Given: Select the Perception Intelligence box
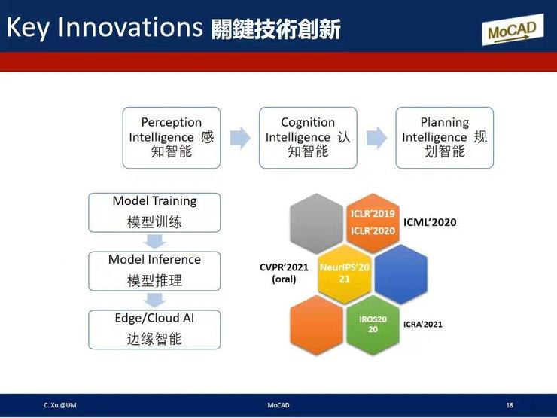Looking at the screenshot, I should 172,137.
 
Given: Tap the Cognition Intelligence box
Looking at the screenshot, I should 308,137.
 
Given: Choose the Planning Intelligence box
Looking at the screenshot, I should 444,137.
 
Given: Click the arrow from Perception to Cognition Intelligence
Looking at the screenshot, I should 240,137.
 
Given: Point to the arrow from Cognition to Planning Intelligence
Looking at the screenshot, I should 376,137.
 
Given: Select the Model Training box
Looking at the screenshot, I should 154,212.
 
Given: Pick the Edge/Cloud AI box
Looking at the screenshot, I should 154,329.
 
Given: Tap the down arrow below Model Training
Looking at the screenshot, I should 154,241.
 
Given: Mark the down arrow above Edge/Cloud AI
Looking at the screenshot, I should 154,300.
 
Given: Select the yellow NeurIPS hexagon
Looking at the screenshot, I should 344,272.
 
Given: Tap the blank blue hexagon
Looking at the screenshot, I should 400,273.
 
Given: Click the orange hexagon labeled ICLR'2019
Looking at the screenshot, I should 373,221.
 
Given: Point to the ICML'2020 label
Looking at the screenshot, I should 430,222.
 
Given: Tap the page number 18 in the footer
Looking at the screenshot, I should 510,406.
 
